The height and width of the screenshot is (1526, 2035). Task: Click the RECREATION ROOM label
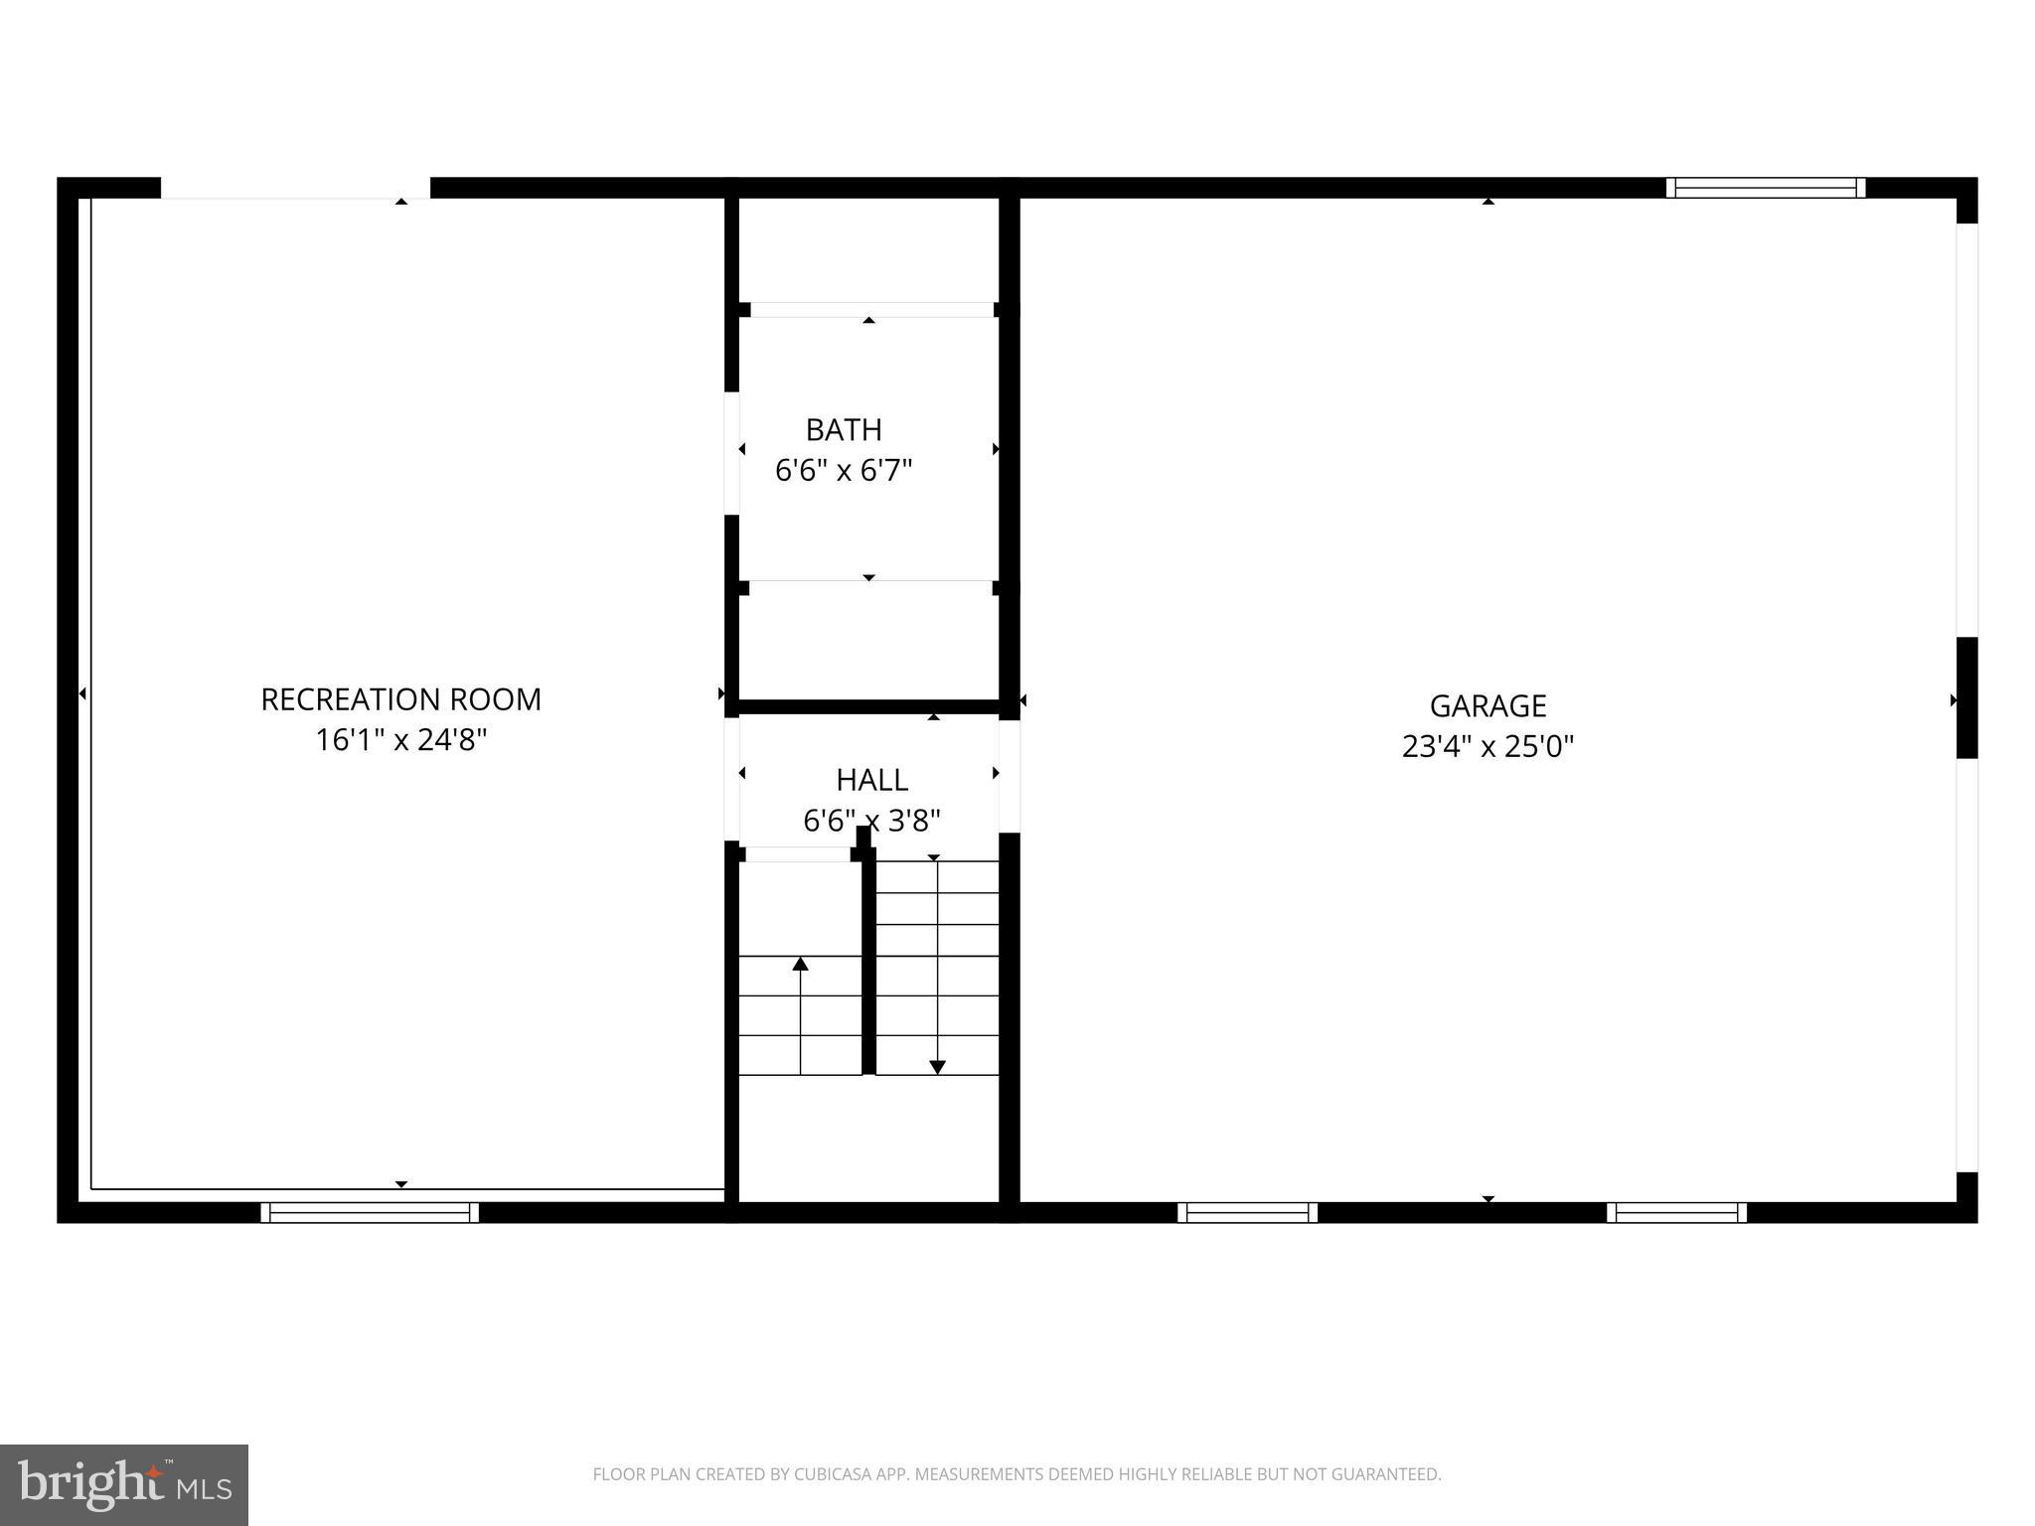(x=400, y=699)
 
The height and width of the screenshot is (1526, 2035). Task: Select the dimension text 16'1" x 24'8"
(x=400, y=740)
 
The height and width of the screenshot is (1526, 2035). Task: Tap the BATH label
(x=844, y=430)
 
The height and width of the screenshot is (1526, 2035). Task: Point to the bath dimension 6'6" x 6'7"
(x=844, y=470)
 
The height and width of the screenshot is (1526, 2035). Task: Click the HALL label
(x=871, y=780)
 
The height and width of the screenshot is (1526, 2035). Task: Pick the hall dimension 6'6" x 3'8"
(x=871, y=821)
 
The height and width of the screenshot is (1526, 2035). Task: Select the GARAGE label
(x=1487, y=706)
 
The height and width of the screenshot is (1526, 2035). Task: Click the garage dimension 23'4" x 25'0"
(x=1487, y=746)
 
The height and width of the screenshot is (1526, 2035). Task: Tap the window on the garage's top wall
(x=1765, y=188)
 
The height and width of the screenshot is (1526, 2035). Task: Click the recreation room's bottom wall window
(x=370, y=1212)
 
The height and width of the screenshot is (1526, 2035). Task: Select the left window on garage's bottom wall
(x=1247, y=1212)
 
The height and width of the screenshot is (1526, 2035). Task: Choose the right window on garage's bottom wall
(x=1676, y=1212)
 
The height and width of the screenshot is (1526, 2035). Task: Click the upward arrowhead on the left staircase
(x=800, y=964)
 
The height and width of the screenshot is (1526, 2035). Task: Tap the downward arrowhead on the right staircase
(x=937, y=1067)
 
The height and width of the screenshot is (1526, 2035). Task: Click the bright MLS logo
(x=124, y=1485)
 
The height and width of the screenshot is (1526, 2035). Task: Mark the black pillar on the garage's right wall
(x=1966, y=697)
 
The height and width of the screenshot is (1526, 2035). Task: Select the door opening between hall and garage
(x=1010, y=776)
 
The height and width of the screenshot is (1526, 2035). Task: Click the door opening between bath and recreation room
(x=731, y=453)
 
